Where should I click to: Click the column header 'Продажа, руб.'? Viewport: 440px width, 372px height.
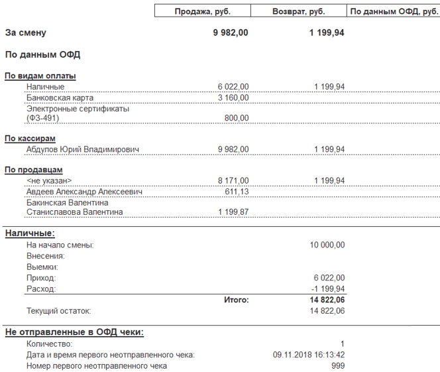(x=202, y=11)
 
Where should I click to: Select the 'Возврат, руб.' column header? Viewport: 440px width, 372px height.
(x=298, y=11)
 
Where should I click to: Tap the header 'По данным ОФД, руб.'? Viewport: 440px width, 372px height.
(x=394, y=11)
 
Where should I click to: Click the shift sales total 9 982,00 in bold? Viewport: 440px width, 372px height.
(x=231, y=32)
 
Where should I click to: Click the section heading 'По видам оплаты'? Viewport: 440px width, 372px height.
(x=40, y=76)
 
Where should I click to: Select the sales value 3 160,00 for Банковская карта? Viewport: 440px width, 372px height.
(x=233, y=97)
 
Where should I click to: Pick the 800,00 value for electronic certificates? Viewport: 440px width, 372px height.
(x=237, y=118)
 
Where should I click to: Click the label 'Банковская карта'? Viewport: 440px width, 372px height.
(x=57, y=97)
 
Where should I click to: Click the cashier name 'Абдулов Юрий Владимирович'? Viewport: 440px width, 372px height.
(x=83, y=149)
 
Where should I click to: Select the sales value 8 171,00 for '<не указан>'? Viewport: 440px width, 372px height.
(x=233, y=180)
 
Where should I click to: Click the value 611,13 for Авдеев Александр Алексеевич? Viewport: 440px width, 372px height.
(x=237, y=191)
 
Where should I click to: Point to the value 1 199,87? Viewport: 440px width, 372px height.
(x=233, y=212)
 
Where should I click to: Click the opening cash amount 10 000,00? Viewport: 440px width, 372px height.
(x=327, y=245)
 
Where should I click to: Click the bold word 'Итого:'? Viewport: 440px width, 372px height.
(x=237, y=300)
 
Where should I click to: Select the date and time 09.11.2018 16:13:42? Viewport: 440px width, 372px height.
(x=309, y=355)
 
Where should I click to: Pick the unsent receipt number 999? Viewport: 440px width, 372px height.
(x=338, y=365)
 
